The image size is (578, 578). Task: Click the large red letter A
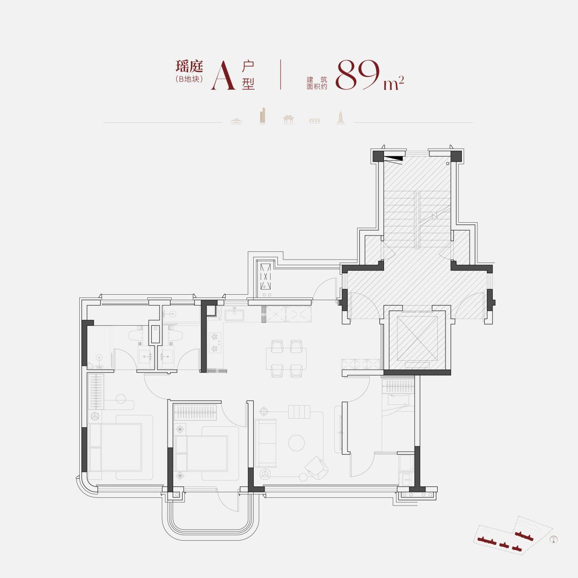(x=223, y=76)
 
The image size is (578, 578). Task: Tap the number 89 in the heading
(x=357, y=75)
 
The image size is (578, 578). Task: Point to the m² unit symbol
(x=394, y=83)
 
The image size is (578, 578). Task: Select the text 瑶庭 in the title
(x=189, y=66)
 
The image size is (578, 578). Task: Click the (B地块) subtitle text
(x=189, y=79)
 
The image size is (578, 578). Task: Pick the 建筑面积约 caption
(x=317, y=83)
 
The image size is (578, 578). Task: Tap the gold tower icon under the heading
(x=263, y=116)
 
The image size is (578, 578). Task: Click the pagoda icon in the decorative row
(x=340, y=117)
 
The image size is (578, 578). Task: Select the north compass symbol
(x=553, y=540)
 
